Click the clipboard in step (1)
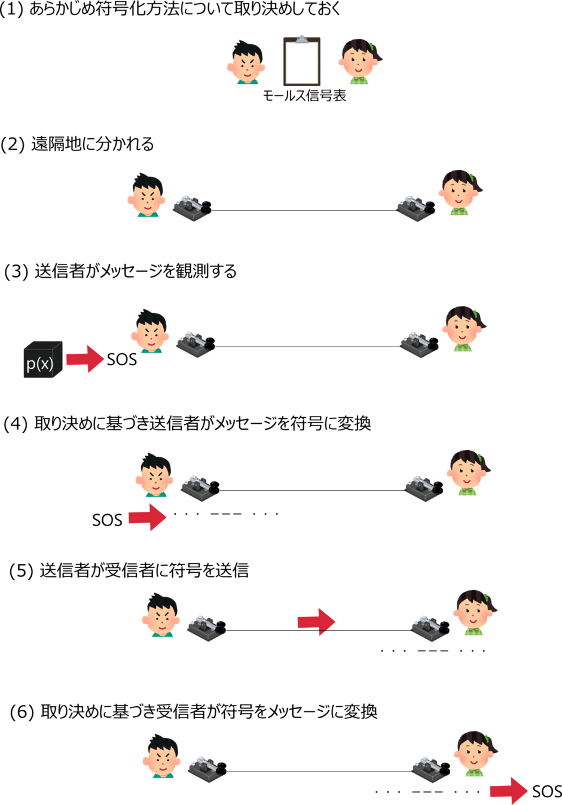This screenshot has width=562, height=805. click(x=302, y=60)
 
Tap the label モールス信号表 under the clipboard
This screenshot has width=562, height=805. click(x=304, y=96)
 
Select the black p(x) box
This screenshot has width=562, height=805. click(x=43, y=359)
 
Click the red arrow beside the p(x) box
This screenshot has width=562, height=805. click(x=85, y=359)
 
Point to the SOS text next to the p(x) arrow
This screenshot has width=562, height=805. click(x=122, y=359)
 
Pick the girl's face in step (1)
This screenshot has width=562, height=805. click(x=360, y=62)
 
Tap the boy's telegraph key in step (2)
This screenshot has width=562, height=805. click(x=192, y=208)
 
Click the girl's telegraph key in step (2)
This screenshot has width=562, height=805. click(x=416, y=208)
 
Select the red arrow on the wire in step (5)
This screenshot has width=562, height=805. click(x=316, y=621)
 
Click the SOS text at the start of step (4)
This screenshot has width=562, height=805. click(x=107, y=520)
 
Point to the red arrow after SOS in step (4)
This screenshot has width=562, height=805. click(x=148, y=517)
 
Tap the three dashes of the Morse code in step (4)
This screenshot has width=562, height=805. click(x=226, y=514)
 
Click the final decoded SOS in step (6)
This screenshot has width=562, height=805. click(x=547, y=791)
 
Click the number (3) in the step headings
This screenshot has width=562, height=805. click(x=16, y=271)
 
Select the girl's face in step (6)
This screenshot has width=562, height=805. click(x=477, y=754)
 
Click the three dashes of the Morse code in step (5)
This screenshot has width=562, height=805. click(x=433, y=651)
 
